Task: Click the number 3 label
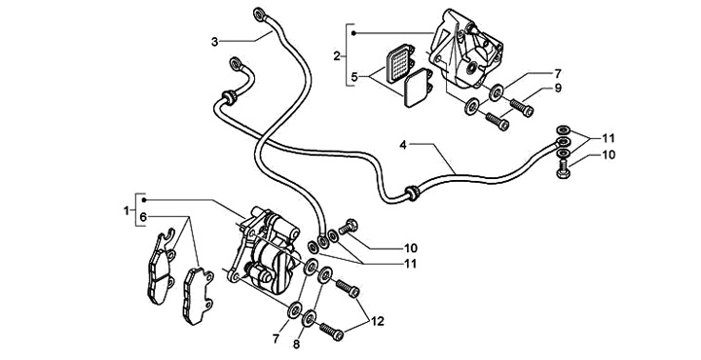(215, 43)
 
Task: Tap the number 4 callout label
(403, 145)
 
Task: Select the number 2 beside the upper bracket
(337, 55)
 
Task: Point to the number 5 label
(354, 77)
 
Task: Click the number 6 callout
(142, 218)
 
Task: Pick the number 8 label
(296, 344)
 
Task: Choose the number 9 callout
(558, 88)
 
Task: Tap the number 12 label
(378, 321)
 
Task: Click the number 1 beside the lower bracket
(127, 210)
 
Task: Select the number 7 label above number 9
(558, 73)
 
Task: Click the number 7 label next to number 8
(276, 339)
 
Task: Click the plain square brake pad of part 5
(417, 88)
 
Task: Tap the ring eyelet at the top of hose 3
(259, 14)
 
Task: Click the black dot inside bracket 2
(353, 33)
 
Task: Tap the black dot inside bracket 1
(143, 199)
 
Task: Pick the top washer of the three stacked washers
(563, 130)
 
